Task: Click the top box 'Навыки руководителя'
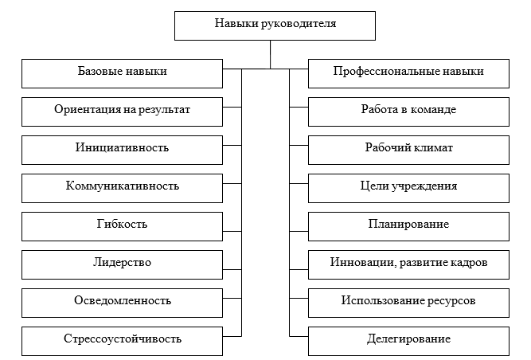coord(275,24)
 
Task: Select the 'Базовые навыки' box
coord(122,72)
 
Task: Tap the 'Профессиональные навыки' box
coord(408,72)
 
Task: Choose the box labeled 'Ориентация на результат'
coord(122,110)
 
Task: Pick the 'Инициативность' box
coord(122,148)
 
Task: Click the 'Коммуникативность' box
coord(122,186)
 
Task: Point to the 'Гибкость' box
coord(122,225)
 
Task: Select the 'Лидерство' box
coord(122,263)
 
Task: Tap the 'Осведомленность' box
coord(122,301)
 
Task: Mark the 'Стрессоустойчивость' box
coord(122,339)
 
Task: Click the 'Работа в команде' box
coord(408,110)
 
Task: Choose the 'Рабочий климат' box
coord(408,148)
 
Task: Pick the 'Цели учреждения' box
coord(408,186)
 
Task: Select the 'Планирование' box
coord(408,225)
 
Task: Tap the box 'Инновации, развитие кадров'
coord(408,263)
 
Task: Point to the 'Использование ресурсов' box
coord(408,301)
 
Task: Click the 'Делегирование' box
coord(408,339)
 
